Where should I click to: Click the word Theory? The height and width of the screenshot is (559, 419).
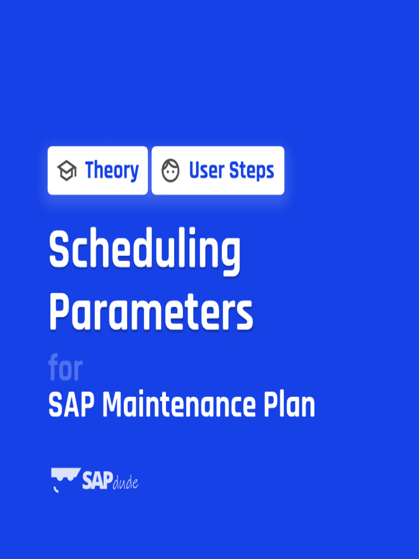(x=112, y=171)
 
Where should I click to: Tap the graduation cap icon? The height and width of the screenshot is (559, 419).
(x=67, y=171)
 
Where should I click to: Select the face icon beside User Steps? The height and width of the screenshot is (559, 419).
(x=171, y=171)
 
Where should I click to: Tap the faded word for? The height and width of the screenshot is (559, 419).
(x=65, y=369)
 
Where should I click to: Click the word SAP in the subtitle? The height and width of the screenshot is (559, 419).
(x=72, y=406)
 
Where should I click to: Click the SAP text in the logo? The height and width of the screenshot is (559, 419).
(x=97, y=479)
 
